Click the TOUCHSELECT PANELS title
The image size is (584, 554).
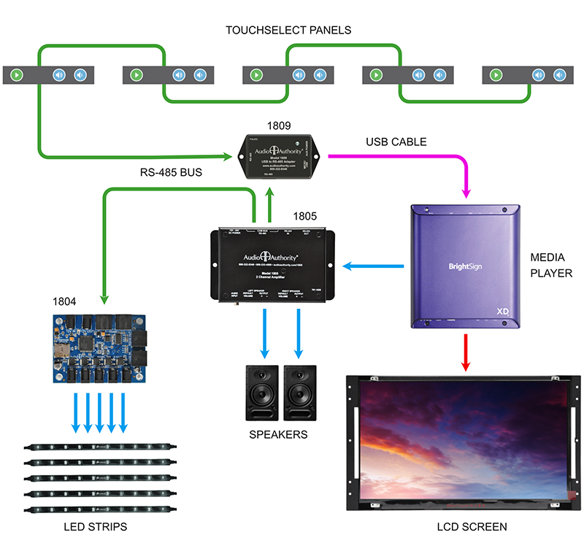tap(288, 30)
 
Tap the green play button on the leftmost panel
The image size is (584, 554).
tap(17, 74)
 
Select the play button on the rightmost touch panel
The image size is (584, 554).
tap(496, 74)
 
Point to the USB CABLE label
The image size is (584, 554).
tap(396, 141)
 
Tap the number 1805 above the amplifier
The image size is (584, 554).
tap(305, 216)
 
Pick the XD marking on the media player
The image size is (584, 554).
tap(503, 310)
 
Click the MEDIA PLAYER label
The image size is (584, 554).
tap(552, 266)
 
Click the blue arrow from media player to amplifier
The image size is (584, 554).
tap(373, 266)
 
